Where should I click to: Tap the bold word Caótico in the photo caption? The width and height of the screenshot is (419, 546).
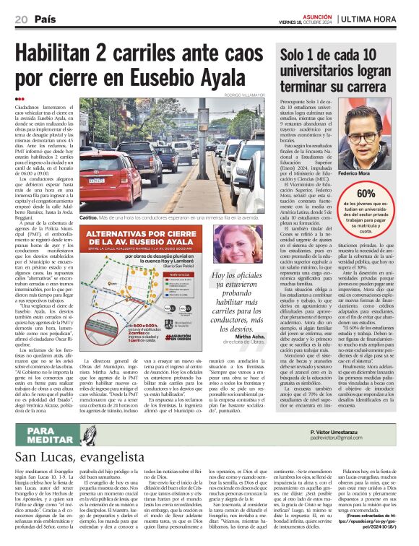[x=89, y=216]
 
